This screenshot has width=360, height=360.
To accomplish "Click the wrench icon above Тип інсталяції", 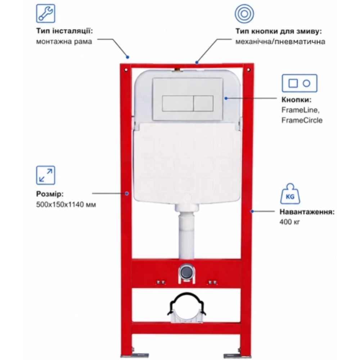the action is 45,13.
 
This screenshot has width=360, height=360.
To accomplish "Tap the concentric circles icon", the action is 244,14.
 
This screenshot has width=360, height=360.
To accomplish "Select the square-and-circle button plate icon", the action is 300,83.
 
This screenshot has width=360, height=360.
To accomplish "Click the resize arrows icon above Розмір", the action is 45,175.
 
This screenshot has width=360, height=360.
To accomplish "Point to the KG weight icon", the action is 290,194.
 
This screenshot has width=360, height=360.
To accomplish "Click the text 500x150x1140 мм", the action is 66,204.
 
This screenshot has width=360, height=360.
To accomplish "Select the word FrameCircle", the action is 302,120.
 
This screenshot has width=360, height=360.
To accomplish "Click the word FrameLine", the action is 300,110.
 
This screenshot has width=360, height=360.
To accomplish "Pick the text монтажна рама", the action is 64,41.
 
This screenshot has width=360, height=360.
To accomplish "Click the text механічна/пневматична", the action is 280,41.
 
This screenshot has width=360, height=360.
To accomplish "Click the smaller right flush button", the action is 203,104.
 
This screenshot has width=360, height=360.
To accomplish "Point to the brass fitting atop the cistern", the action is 177,69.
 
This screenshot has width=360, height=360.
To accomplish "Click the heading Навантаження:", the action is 307,212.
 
